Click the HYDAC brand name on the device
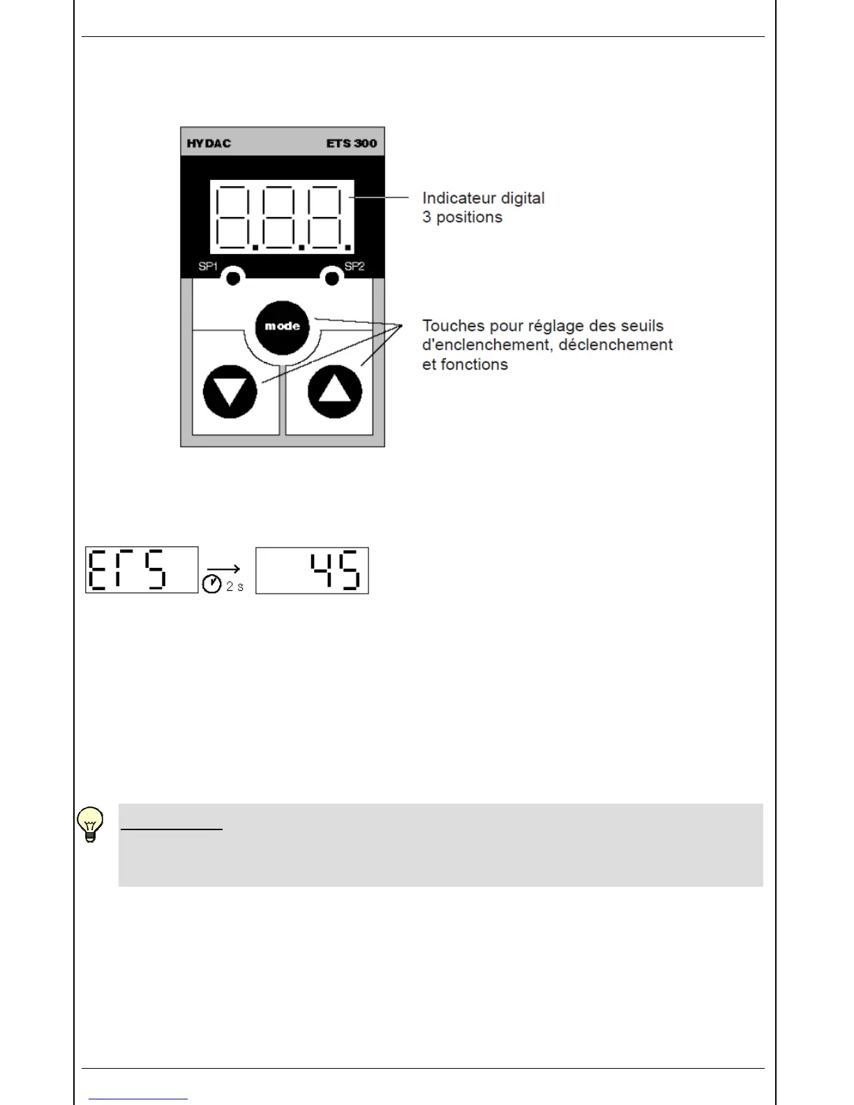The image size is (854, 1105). tap(209, 144)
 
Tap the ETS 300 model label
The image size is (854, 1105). tap(351, 144)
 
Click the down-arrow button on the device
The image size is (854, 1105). tap(230, 391)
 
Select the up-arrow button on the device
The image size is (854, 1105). tap(335, 391)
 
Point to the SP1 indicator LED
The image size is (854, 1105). tap(233, 278)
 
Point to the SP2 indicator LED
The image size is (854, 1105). tap(332, 278)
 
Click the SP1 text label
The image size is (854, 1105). tap(208, 266)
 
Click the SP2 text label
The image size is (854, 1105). tap(354, 266)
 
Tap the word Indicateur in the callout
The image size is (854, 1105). tap(457, 198)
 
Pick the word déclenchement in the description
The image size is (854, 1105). tap(616, 345)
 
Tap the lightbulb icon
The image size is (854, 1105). tap(90, 825)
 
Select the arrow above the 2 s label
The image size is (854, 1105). tap(223, 569)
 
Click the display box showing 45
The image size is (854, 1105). tap(312, 571)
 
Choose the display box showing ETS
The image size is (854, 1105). tap(142, 570)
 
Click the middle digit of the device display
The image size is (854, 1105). tap(282, 216)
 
